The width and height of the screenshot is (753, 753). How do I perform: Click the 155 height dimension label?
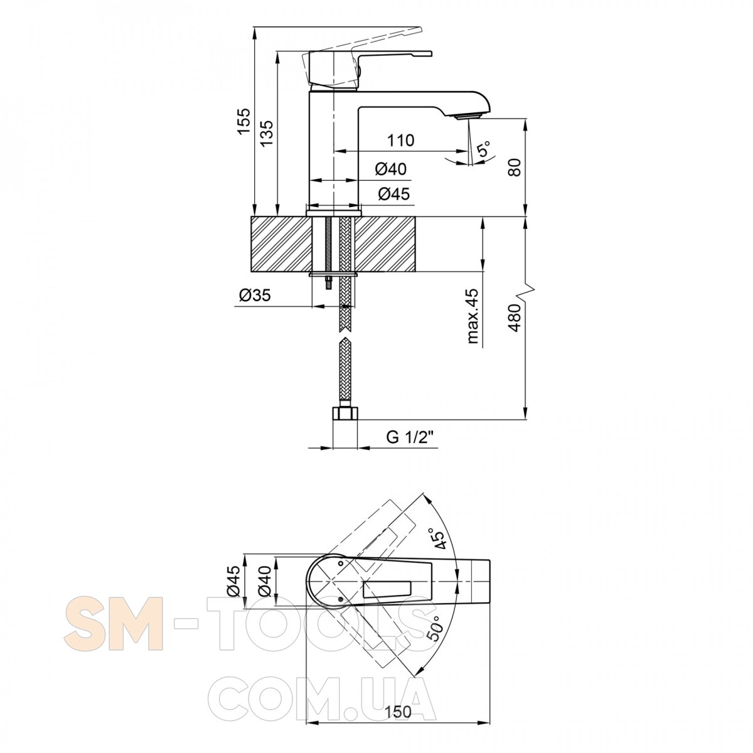point(243,120)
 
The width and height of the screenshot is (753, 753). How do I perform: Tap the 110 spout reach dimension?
point(401,140)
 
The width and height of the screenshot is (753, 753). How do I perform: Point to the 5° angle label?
point(484,149)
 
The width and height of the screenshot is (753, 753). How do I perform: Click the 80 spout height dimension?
point(515,168)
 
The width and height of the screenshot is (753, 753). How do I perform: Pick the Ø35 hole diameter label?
point(255,295)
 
